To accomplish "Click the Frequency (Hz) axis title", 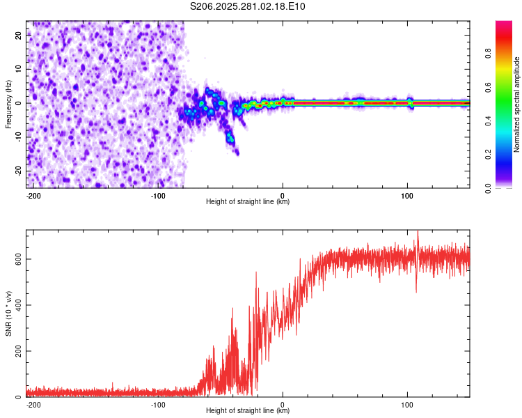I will pyautogui.click(x=8, y=104).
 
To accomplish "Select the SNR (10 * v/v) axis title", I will pyautogui.click(x=8, y=313).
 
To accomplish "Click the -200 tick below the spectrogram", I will pyautogui.click(x=33, y=195).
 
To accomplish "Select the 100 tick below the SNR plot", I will pyautogui.click(x=407, y=404).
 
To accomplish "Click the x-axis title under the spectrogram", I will pyautogui.click(x=248, y=202).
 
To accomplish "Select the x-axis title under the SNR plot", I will pyautogui.click(x=248, y=411).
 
